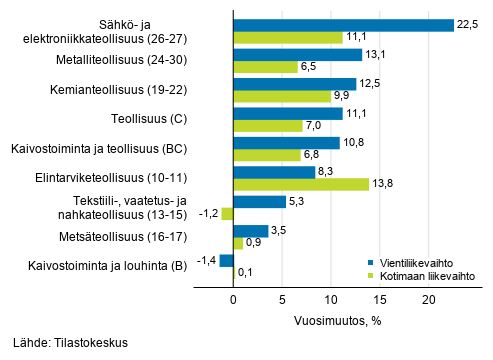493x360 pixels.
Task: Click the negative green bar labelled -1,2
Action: (x=227, y=214)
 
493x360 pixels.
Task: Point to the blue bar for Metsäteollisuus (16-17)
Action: (x=250, y=231)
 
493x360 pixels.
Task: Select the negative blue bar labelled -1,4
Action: (x=226, y=260)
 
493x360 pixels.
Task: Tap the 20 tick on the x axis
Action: (x=428, y=298)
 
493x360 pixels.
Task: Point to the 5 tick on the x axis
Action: (x=282, y=298)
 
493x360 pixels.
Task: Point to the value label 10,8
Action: (x=353, y=143)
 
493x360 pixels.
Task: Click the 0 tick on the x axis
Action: (x=233, y=298)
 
